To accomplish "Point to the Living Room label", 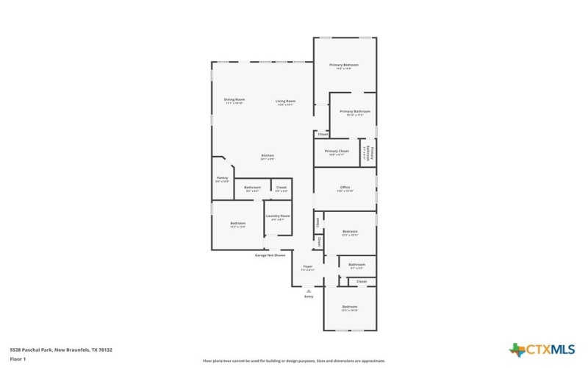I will click(x=285, y=102).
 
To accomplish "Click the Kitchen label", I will click(x=268, y=156).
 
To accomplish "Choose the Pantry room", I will click(x=222, y=178).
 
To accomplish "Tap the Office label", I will click(x=345, y=188).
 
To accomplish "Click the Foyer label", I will click(x=307, y=268).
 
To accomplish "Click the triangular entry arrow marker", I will click(x=309, y=291).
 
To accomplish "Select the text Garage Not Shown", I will click(x=270, y=255).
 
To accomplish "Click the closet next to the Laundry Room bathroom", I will click(x=281, y=188).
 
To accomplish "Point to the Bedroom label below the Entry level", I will click(x=350, y=308).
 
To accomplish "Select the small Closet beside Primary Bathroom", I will click(x=322, y=135).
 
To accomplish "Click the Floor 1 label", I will click(x=18, y=358).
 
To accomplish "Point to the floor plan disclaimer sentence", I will click(x=293, y=361).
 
